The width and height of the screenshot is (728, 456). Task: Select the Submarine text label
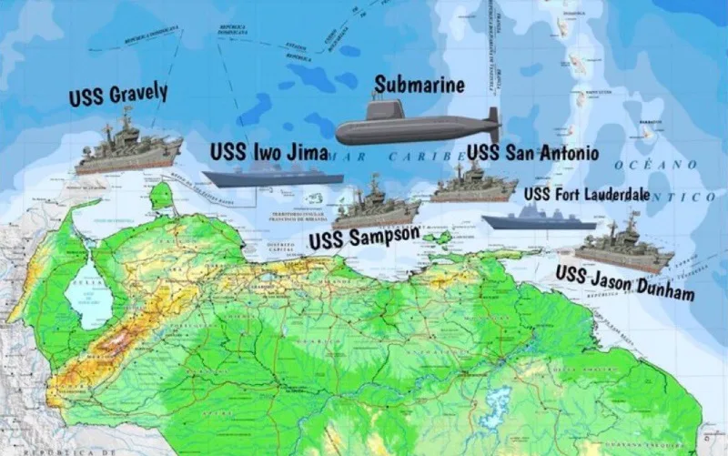420,86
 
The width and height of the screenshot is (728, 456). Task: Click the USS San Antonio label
532,152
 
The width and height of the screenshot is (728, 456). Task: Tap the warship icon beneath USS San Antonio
473,185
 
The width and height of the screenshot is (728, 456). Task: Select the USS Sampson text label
364,238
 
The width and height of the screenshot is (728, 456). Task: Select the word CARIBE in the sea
419,157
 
